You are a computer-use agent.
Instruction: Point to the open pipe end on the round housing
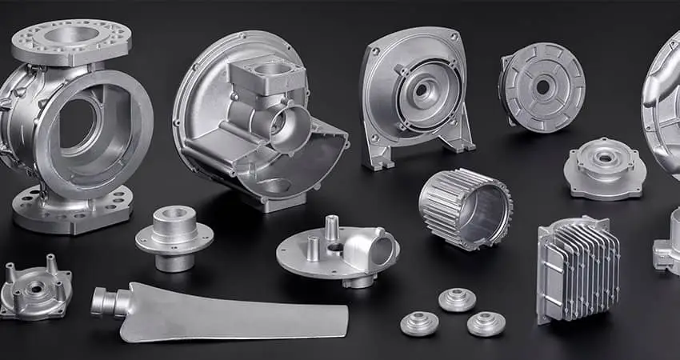click(288, 128)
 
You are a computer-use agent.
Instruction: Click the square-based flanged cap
click(604, 168)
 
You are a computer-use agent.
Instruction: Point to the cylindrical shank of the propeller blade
click(108, 302)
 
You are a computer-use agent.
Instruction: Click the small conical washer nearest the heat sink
click(486, 322)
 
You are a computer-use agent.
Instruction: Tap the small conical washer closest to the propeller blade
click(419, 322)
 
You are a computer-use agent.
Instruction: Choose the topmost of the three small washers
click(457, 298)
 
